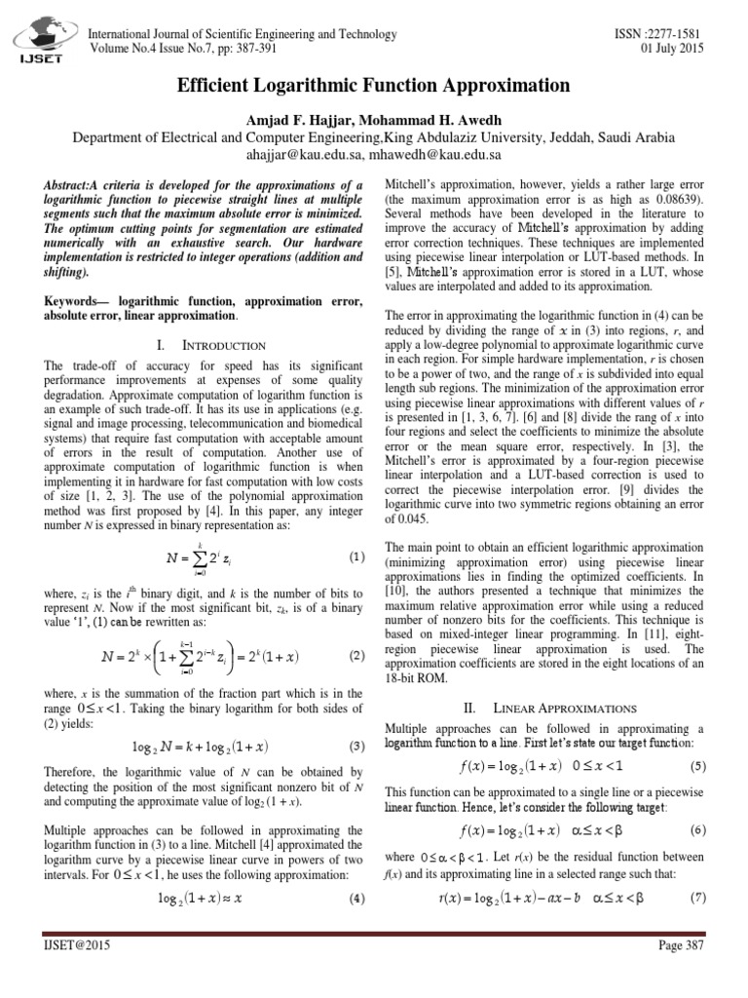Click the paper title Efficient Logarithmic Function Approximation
(373, 86)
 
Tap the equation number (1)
(356, 558)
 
